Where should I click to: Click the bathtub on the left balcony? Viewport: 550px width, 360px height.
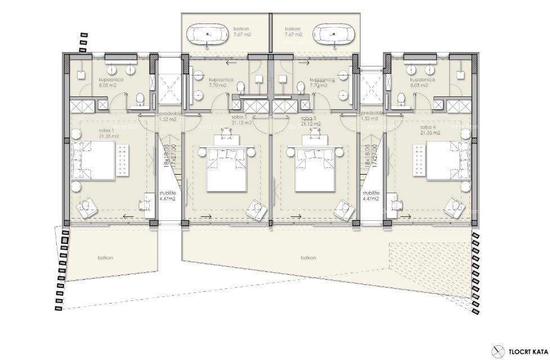click(x=208, y=34)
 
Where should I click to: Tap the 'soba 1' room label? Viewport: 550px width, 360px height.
click(x=91, y=133)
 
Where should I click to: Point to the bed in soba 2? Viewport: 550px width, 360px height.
click(x=226, y=168)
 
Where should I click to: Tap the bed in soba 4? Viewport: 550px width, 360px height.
click(x=448, y=161)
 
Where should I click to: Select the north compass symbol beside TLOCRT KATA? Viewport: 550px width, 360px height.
click(x=497, y=350)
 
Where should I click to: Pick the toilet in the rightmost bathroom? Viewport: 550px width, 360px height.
click(x=401, y=99)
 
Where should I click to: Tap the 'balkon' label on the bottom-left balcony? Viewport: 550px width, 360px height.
click(x=105, y=257)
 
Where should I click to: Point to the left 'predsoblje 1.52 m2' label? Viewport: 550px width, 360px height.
click(x=168, y=117)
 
